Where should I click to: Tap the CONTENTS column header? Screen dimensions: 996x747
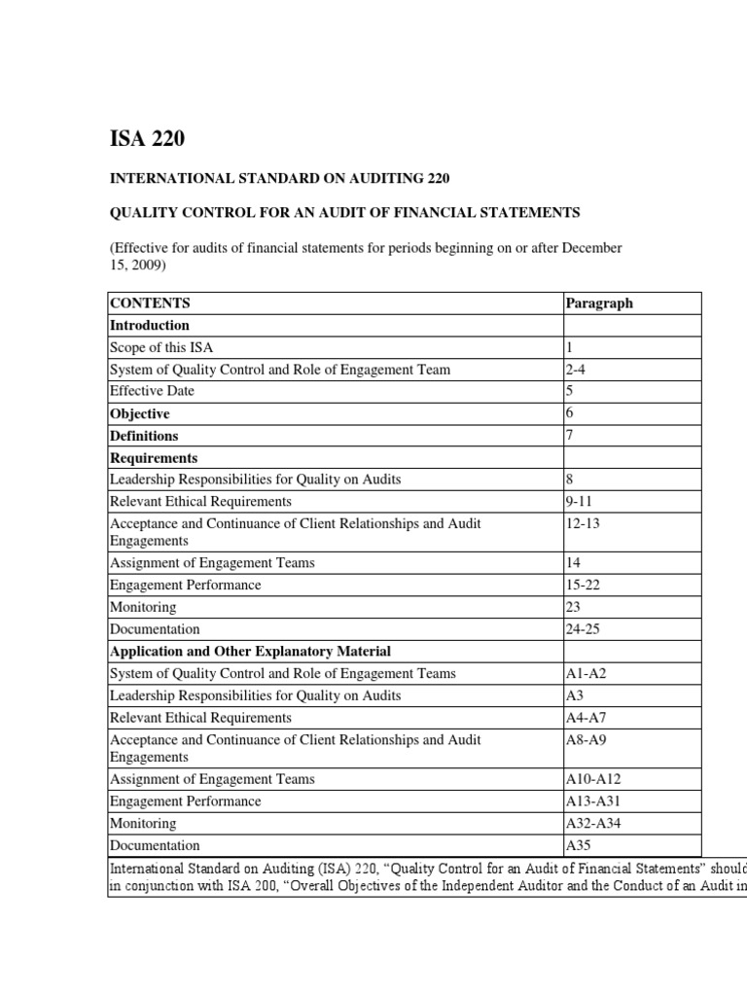point(150,302)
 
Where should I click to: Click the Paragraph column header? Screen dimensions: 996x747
point(598,302)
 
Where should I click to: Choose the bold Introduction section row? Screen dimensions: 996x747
point(150,325)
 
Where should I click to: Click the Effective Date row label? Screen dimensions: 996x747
point(152,391)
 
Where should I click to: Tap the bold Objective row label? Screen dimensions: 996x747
point(139,413)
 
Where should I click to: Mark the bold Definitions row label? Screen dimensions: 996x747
point(144,436)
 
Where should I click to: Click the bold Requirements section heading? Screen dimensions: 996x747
point(154,457)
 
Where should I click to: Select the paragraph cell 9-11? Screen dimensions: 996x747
point(580,501)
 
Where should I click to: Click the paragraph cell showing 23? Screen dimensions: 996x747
point(573,607)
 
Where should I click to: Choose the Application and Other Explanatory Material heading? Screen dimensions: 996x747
point(250,651)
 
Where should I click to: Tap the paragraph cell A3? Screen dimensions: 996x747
point(574,695)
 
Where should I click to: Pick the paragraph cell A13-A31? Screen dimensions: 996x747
point(590,801)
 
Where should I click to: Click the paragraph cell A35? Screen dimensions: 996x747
point(578,845)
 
